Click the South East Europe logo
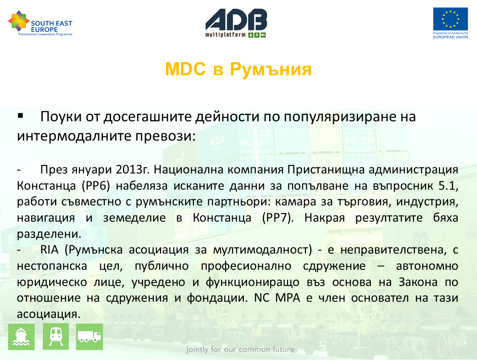40,23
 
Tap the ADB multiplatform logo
236,23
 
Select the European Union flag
450,19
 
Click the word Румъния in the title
271,69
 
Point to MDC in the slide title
185,69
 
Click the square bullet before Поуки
20,115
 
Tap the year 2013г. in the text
133,170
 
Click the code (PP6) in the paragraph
96,186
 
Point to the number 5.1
448,186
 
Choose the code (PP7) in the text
278,218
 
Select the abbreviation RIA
49,250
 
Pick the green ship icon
21,337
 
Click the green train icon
56,337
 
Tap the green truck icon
90,337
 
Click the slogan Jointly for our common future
240,349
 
